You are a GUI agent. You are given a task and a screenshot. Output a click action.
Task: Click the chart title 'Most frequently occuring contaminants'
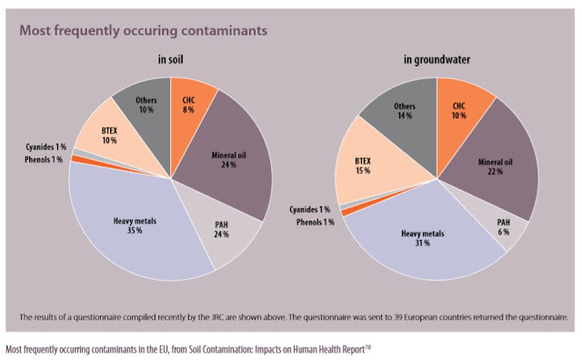(x=144, y=30)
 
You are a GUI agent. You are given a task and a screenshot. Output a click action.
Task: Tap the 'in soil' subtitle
(x=170, y=59)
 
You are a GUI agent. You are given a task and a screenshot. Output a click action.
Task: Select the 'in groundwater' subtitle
(x=436, y=59)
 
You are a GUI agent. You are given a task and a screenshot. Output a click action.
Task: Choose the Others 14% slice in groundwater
(x=405, y=111)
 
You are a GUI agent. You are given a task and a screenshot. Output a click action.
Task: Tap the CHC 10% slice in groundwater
(x=459, y=111)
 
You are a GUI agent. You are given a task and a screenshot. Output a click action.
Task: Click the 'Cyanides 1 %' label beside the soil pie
(x=46, y=147)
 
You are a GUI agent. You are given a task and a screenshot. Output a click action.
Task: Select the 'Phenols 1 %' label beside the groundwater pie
(x=316, y=222)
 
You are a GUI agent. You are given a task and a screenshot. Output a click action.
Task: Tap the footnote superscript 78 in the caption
(x=367, y=347)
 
